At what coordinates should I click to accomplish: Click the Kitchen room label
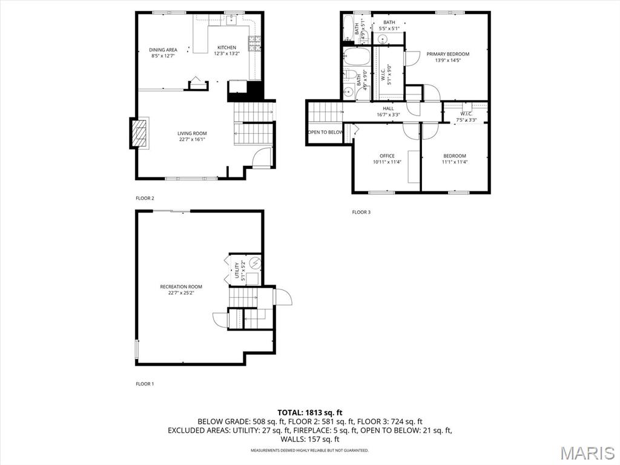coord(226,47)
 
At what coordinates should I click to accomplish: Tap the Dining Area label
coord(163,50)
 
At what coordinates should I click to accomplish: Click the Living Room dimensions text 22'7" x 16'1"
coord(192,139)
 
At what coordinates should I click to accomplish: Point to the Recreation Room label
coord(181,286)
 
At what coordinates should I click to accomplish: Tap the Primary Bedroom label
coord(447,54)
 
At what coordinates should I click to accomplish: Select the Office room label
coord(387,156)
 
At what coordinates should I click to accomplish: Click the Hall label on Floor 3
coord(388,108)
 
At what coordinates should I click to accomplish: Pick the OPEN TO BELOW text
coord(325,132)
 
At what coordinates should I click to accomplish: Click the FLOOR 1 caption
coord(145,384)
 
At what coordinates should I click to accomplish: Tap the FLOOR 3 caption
coord(361,212)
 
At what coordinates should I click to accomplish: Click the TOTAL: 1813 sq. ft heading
coord(309,412)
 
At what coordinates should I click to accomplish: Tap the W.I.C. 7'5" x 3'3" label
coord(466,116)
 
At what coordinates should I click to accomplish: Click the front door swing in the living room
coord(262,159)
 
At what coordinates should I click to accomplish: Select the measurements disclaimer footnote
coord(309,450)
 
